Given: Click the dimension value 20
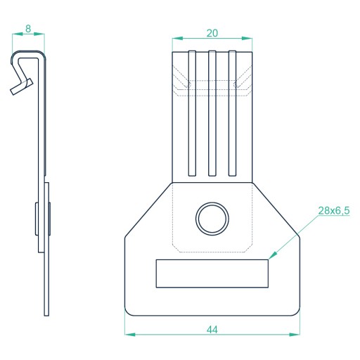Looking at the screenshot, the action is (x=212, y=33).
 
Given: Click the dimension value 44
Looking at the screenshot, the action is (x=212, y=330).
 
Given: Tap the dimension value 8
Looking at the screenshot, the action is (x=28, y=29).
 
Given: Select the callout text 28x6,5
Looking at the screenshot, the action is (x=334, y=210).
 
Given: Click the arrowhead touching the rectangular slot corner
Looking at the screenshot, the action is (x=273, y=256).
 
